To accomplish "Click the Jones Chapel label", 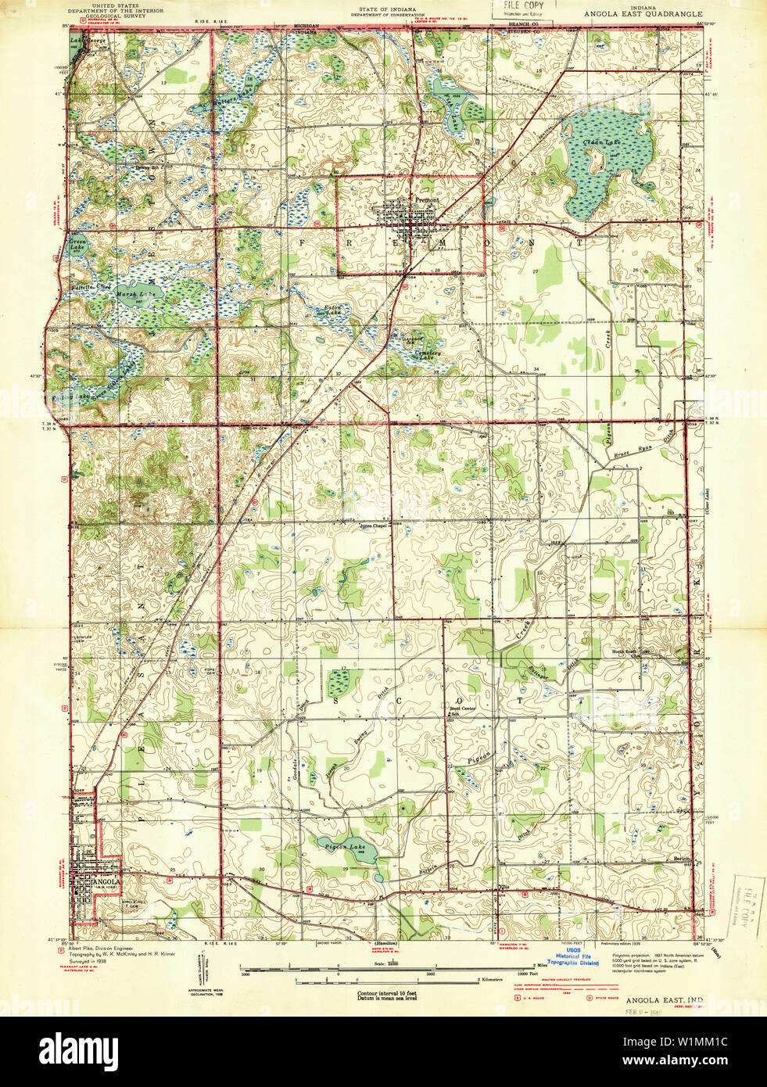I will point(374,526).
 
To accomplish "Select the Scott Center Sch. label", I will point(462,711).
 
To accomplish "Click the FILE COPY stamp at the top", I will point(521,7).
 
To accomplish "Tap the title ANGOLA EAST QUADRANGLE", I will point(643,14).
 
